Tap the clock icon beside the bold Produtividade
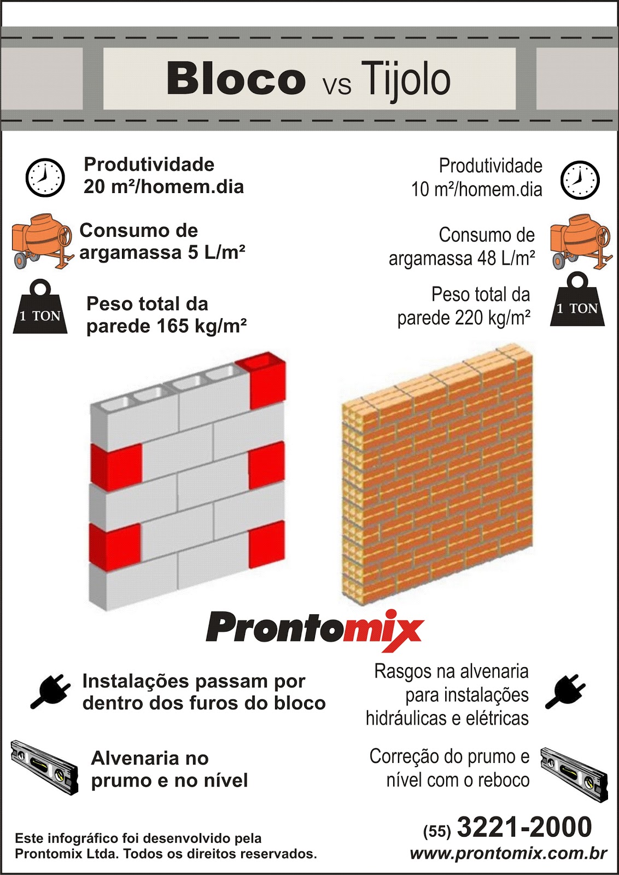(45, 177)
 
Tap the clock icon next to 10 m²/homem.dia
(580, 180)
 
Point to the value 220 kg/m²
(492, 318)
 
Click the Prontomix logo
(315, 629)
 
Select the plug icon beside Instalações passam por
(50, 691)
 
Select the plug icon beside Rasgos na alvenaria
(565, 692)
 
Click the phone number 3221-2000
(524, 827)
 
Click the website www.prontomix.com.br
(508, 854)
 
